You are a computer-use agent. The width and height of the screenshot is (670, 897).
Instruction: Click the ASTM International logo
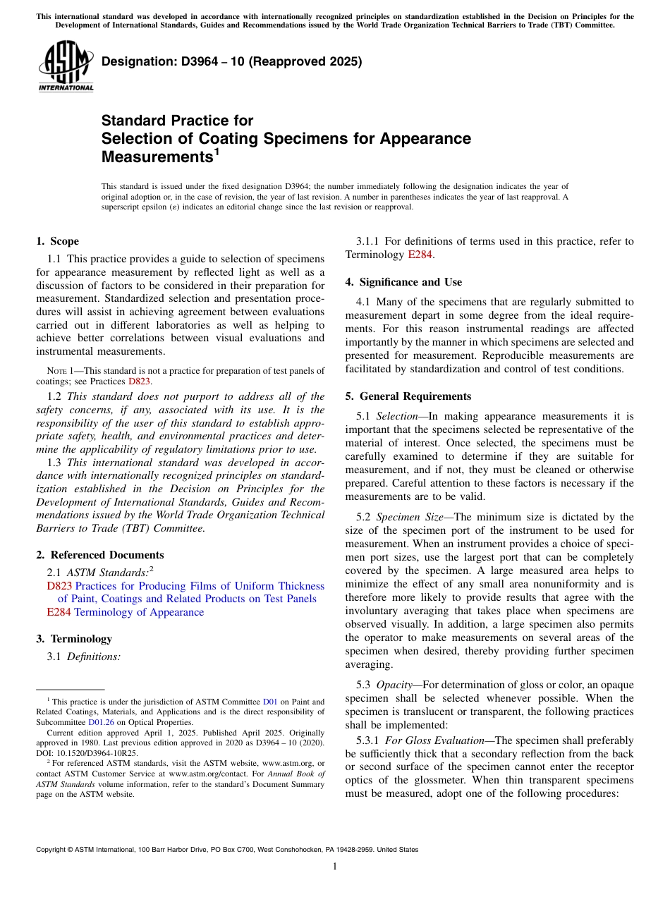(66, 66)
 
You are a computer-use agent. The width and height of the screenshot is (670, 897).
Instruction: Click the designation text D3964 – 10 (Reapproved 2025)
(231, 61)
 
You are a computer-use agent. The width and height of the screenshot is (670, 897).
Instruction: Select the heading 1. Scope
(57, 241)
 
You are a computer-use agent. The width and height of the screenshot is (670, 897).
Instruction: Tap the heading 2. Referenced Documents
(99, 555)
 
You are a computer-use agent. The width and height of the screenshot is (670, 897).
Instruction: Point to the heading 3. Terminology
(74, 639)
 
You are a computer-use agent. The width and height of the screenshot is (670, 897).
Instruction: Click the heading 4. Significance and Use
(403, 282)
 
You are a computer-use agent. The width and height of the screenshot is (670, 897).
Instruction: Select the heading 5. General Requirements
(408, 396)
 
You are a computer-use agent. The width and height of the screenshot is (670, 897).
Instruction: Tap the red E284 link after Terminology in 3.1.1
(420, 255)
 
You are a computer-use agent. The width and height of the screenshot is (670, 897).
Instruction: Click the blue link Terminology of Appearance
(139, 612)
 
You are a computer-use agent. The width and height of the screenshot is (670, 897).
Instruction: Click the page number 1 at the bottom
(335, 866)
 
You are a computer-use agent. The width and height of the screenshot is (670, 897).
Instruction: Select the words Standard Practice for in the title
(177, 121)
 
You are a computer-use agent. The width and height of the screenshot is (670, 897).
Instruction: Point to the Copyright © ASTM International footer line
(227, 850)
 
